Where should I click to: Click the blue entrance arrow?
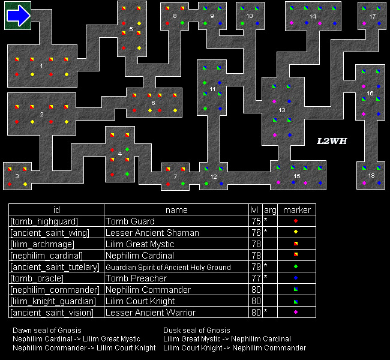[x=19, y=16]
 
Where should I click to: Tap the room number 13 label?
[x=282, y=110]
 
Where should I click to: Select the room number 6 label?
[x=153, y=103]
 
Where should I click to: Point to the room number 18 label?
[x=371, y=176]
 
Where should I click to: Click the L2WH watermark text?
[x=332, y=141]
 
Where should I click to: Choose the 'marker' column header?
[x=297, y=210]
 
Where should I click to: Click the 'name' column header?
[x=176, y=210]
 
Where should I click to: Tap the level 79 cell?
[x=256, y=267]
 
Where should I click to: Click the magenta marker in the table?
[x=296, y=312]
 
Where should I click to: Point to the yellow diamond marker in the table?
[x=296, y=232]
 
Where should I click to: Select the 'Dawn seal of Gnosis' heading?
[x=47, y=331]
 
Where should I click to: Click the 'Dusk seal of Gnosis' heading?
[x=197, y=331]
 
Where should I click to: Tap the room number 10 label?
[x=250, y=16]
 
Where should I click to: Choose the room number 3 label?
[x=17, y=176]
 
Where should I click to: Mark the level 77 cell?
[x=256, y=278]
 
